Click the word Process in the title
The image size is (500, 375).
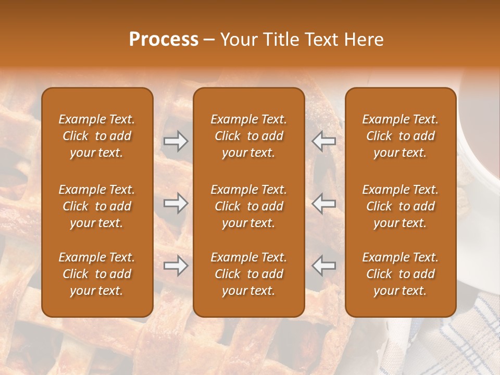coord(164,40)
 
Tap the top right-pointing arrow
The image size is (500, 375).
coord(176,141)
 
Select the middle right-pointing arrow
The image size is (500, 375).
coord(176,203)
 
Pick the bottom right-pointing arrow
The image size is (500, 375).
coord(176,266)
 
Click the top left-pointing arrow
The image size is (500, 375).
coord(323,141)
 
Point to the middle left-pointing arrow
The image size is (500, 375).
coord(323,203)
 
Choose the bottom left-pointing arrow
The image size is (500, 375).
coord(323,266)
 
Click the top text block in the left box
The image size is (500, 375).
coord(97,136)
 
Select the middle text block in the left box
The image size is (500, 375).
coord(97,206)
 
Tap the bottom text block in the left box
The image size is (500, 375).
coord(97,274)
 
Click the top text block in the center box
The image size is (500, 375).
coord(248,136)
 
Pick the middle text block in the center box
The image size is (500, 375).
coord(248,206)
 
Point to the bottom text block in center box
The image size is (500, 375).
coord(248,274)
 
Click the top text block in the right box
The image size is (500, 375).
coord(400,136)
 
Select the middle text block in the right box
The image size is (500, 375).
coord(400,206)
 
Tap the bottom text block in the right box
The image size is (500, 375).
coord(400,274)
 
